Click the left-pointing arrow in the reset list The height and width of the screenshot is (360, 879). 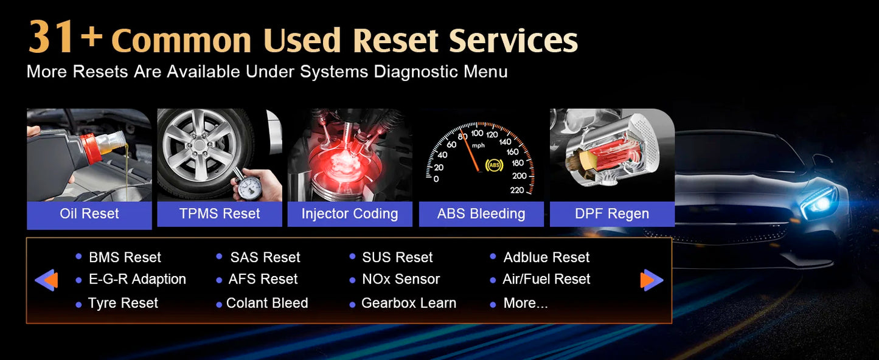click(46, 280)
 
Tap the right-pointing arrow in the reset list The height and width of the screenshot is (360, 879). click(651, 280)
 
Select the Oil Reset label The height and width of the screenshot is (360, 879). click(89, 214)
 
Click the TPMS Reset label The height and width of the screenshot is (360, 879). click(220, 214)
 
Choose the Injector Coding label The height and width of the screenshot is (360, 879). click(350, 214)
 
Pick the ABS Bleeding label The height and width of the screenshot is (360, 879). click(481, 214)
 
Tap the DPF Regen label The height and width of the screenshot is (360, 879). click(612, 214)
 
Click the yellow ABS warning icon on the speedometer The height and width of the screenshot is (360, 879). click(494, 165)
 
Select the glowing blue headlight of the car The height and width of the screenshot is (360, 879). click(821, 203)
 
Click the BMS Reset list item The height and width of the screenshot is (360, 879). click(125, 258)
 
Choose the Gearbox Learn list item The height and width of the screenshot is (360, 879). click(408, 303)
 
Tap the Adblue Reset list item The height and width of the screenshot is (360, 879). click(546, 258)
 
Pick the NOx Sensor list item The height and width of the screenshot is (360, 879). click(400, 280)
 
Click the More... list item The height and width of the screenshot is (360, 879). click(525, 303)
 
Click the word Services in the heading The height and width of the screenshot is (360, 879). click(513, 41)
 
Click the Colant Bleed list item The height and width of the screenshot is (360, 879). click(266, 303)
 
